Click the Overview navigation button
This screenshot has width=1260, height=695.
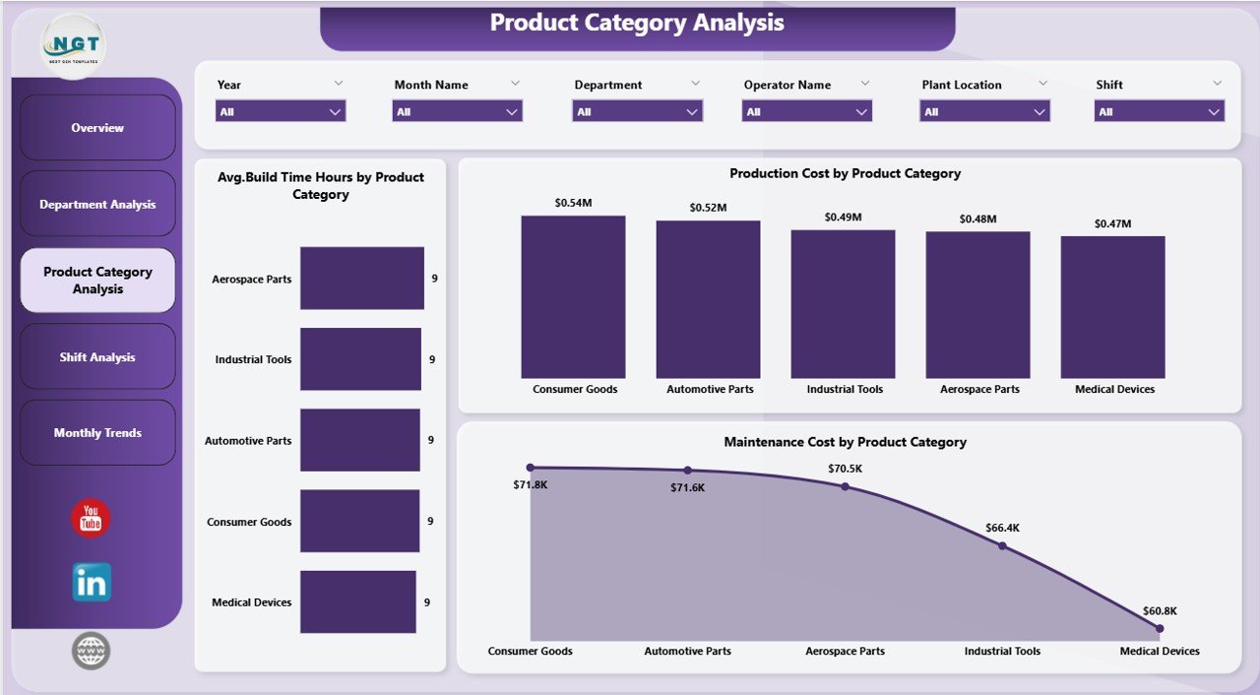(x=97, y=128)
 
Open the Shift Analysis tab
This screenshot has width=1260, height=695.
(x=97, y=357)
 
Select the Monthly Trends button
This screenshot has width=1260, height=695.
(x=97, y=433)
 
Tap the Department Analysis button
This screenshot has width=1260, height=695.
(x=97, y=205)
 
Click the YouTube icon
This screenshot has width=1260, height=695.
(x=91, y=518)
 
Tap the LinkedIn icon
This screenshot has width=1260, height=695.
(x=92, y=583)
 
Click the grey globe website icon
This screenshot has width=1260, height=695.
(x=92, y=651)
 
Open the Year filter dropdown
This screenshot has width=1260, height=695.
(x=282, y=112)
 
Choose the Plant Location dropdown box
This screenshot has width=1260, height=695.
(x=984, y=112)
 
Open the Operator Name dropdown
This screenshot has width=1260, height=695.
(x=806, y=112)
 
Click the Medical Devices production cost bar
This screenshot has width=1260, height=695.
(x=1112, y=307)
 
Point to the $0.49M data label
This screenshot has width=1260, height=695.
(x=843, y=217)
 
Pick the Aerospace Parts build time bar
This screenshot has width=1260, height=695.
(x=362, y=279)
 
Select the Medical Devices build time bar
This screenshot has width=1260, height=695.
(x=357, y=601)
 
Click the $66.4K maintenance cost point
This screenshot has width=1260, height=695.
(x=1002, y=545)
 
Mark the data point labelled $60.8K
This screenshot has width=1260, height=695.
(x=1160, y=628)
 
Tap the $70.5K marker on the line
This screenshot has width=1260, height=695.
(x=845, y=486)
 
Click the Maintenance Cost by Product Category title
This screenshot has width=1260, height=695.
(x=845, y=442)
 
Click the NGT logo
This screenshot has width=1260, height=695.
(x=74, y=45)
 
